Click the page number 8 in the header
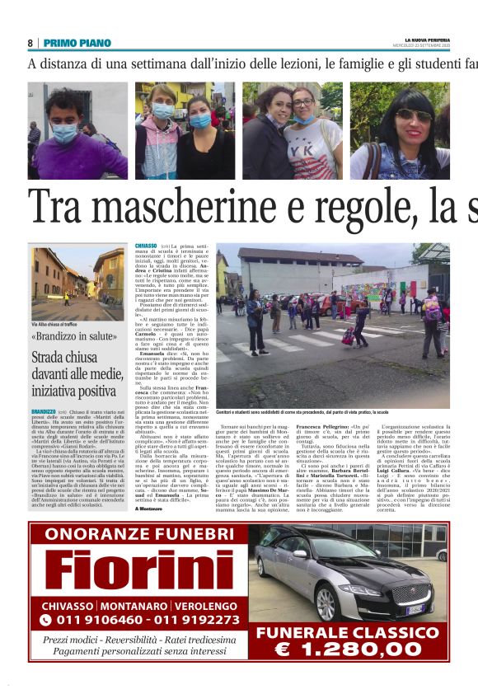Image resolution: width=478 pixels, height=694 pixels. tap(30, 43)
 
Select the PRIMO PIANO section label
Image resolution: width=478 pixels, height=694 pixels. tap(77, 43)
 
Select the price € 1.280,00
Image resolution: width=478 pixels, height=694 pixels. tap(340, 649)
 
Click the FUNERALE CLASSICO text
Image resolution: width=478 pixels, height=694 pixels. tap(340, 632)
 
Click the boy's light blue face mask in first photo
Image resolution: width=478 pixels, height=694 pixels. tap(64, 133)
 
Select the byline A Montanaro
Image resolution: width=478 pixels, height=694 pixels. tap(149, 485)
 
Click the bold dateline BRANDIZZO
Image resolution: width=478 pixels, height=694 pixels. tap(43, 410)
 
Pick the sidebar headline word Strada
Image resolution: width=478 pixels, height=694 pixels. tap(50, 359)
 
